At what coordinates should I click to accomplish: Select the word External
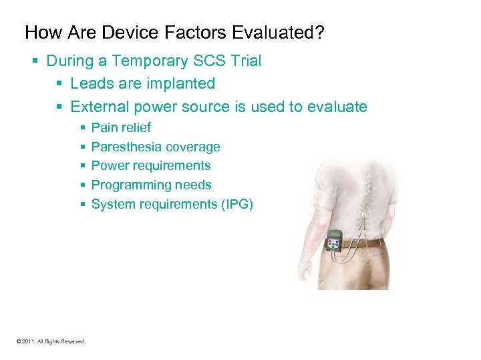pyautogui.click(x=100, y=107)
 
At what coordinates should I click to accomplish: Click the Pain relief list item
pyautogui.click(x=121, y=127)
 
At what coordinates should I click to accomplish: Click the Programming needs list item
pyautogui.click(x=151, y=185)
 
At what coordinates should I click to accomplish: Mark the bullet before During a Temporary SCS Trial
pyautogui.click(x=36, y=61)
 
